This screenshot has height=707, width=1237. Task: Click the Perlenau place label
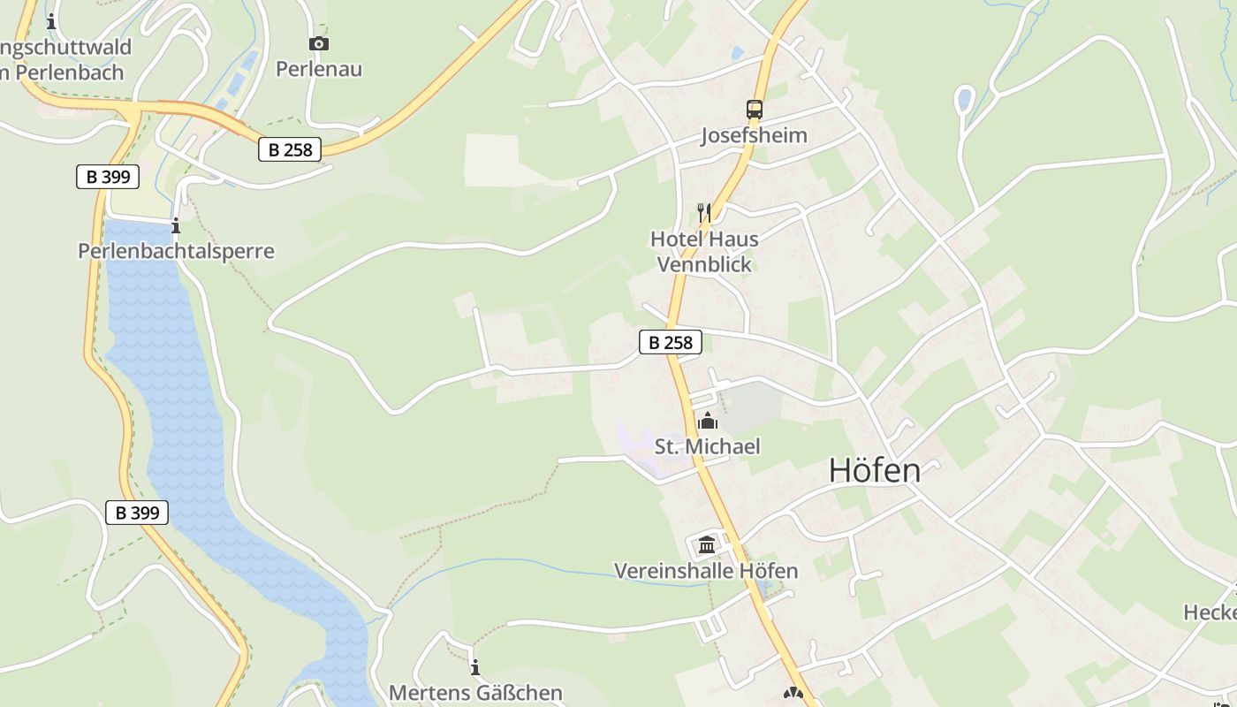(319, 69)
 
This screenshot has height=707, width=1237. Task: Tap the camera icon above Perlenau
(319, 43)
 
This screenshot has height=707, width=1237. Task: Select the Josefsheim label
(754, 135)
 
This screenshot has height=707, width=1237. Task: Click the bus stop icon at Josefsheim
(754, 110)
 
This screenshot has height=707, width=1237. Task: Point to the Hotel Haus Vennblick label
(704, 251)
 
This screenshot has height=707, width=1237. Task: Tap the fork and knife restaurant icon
(704, 212)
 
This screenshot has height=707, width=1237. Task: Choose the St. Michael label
(707, 446)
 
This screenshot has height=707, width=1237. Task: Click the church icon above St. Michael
(707, 421)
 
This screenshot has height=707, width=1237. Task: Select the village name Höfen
(875, 471)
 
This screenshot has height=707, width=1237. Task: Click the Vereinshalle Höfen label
(706, 571)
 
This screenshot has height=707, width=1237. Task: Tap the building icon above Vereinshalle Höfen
(707, 544)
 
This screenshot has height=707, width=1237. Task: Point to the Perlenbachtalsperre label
(176, 251)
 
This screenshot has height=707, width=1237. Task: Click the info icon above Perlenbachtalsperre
(176, 225)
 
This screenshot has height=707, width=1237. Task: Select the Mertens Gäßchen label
(475, 692)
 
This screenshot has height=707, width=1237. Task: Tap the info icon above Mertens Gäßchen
(475, 666)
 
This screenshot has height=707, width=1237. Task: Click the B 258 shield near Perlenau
(290, 149)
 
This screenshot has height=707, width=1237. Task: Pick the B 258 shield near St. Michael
(671, 342)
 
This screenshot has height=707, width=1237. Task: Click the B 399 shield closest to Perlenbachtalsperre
(108, 177)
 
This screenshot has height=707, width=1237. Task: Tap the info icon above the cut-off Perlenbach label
(51, 21)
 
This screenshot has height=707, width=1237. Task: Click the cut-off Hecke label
(1210, 612)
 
